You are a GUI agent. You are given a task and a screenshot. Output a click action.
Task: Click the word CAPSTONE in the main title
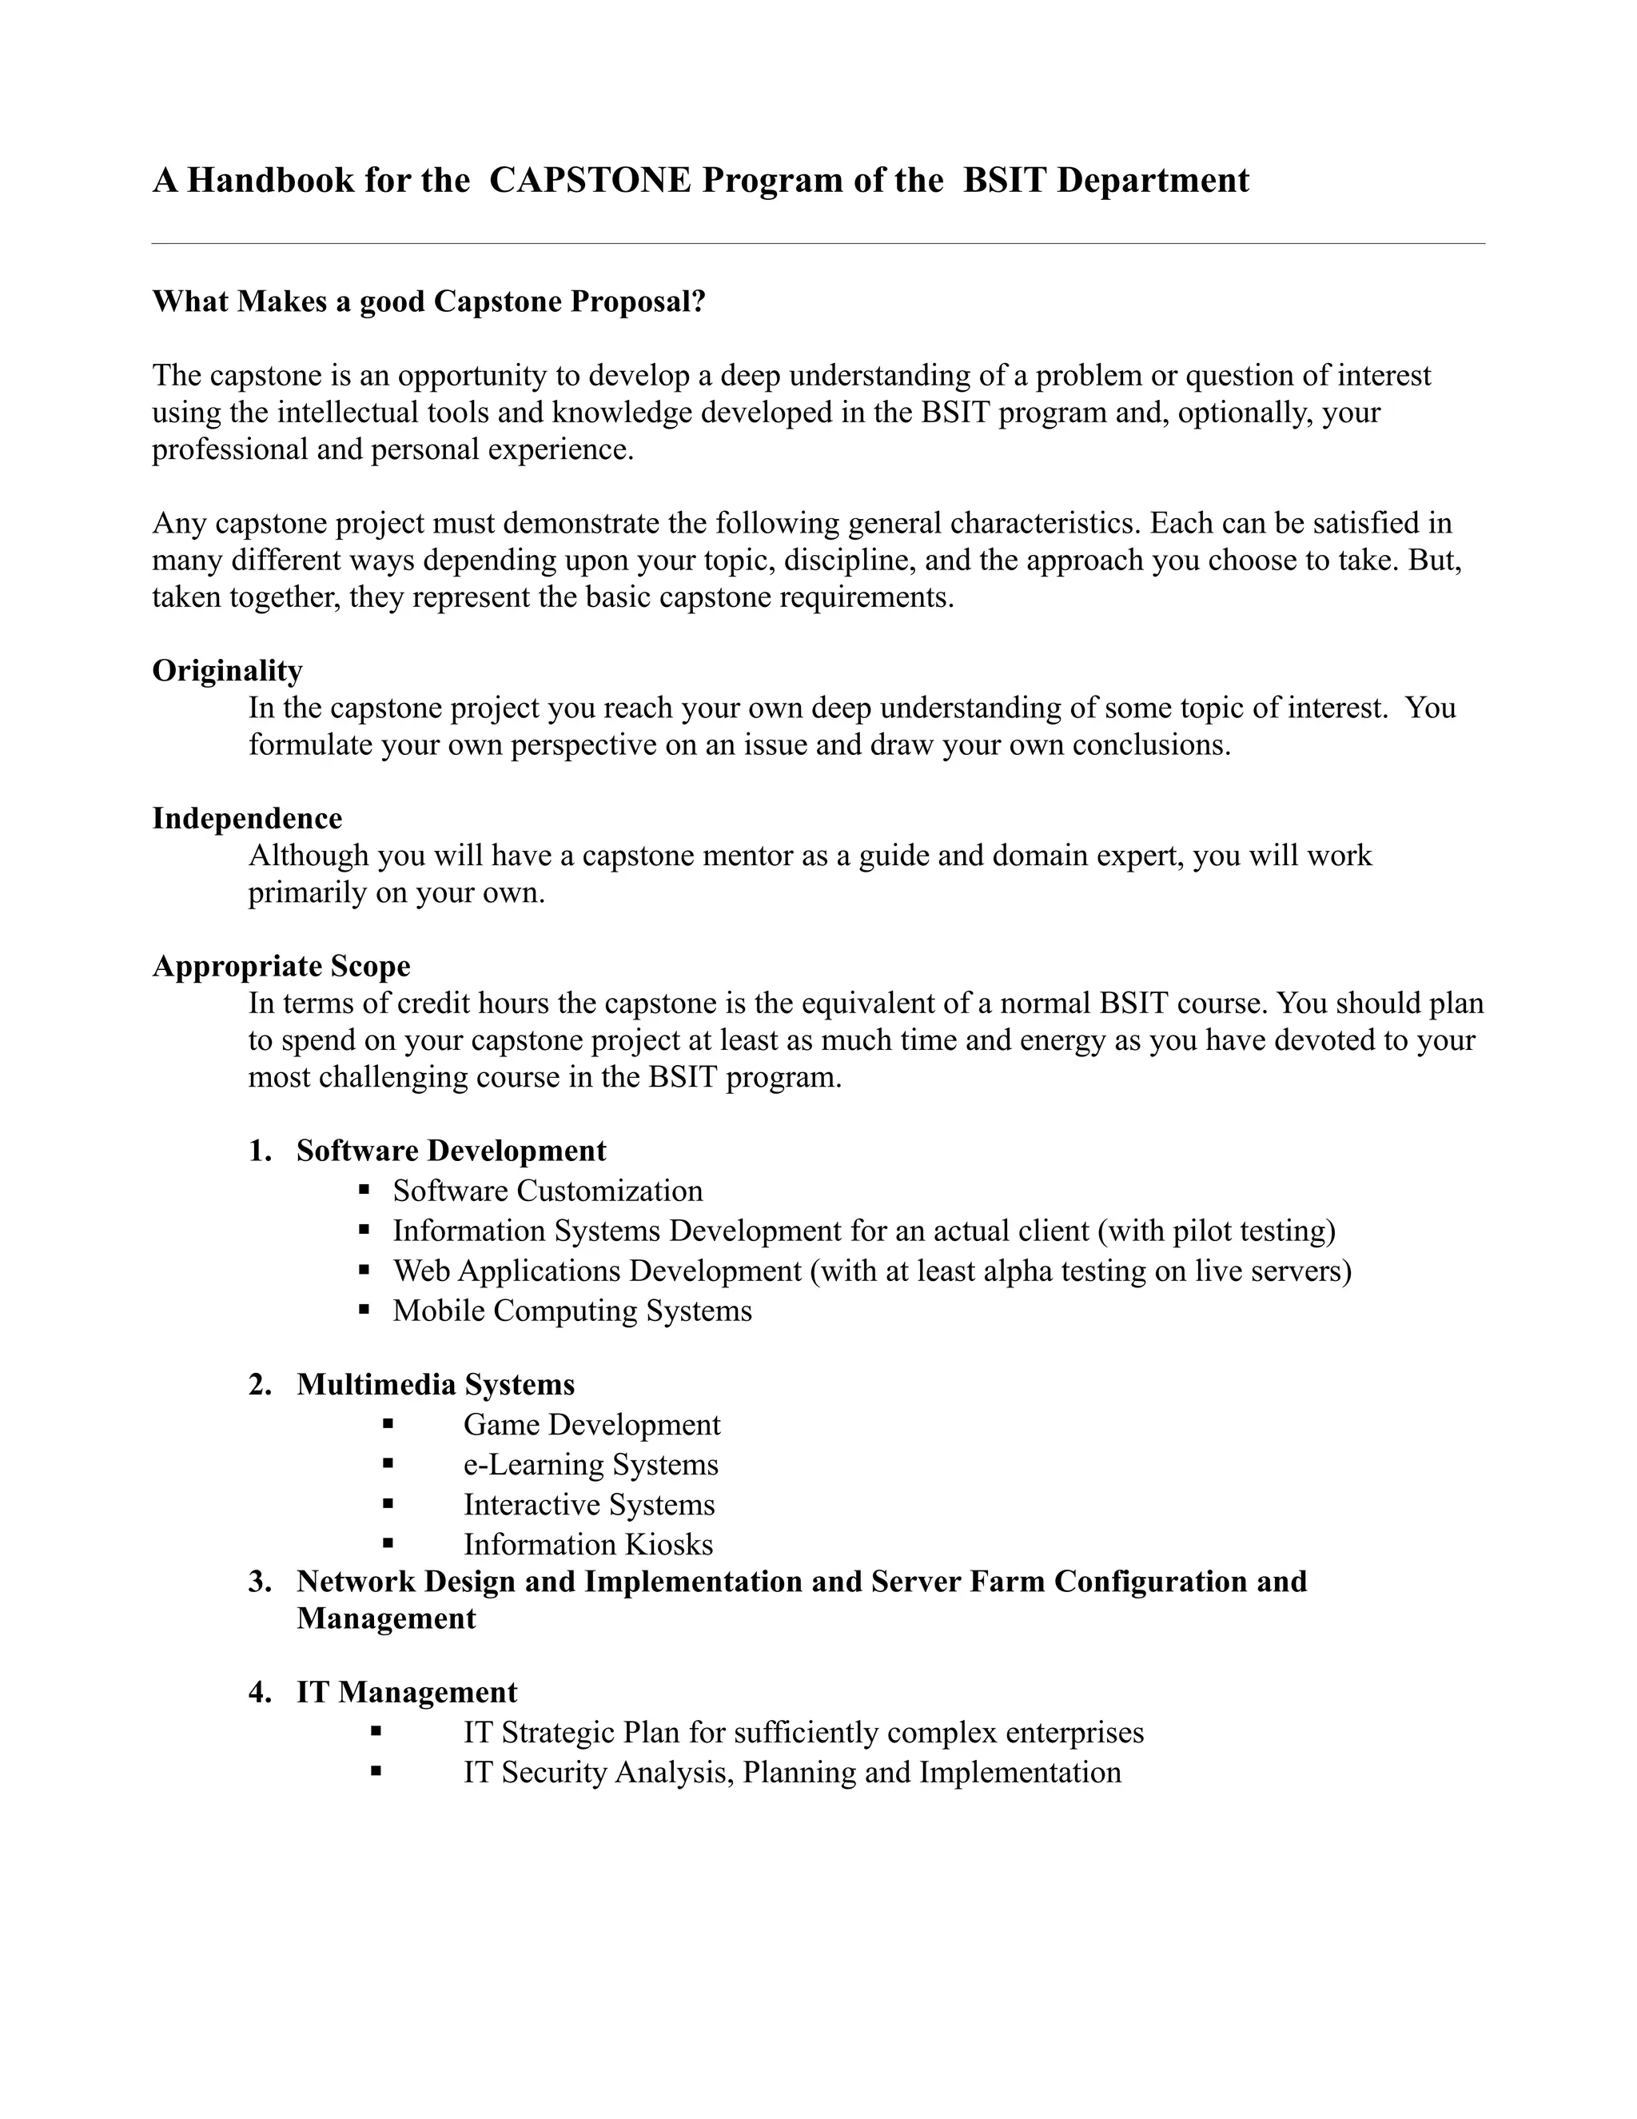click(590, 181)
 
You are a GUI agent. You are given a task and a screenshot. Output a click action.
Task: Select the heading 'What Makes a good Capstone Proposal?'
click(428, 301)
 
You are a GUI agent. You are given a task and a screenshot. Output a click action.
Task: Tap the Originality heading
click(227, 670)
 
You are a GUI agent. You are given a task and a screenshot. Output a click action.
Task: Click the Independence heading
click(247, 818)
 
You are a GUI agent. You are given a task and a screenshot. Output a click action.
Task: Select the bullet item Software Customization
click(547, 1191)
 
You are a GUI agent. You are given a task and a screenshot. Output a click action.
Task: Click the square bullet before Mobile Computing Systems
click(364, 1309)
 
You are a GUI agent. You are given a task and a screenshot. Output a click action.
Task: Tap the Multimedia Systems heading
click(436, 1384)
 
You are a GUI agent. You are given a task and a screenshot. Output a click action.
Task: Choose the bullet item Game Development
click(591, 1424)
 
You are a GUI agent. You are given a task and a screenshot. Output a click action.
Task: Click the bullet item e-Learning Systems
click(591, 1464)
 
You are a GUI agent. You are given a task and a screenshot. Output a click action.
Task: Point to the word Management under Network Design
click(386, 1618)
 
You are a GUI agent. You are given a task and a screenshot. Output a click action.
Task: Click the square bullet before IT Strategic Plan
click(376, 1731)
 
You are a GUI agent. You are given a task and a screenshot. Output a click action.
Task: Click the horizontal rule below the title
click(818, 244)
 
